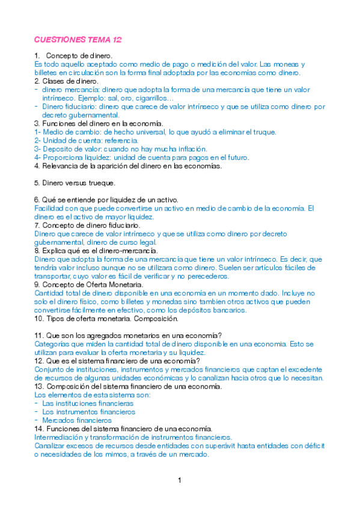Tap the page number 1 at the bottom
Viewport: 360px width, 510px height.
(179, 480)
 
